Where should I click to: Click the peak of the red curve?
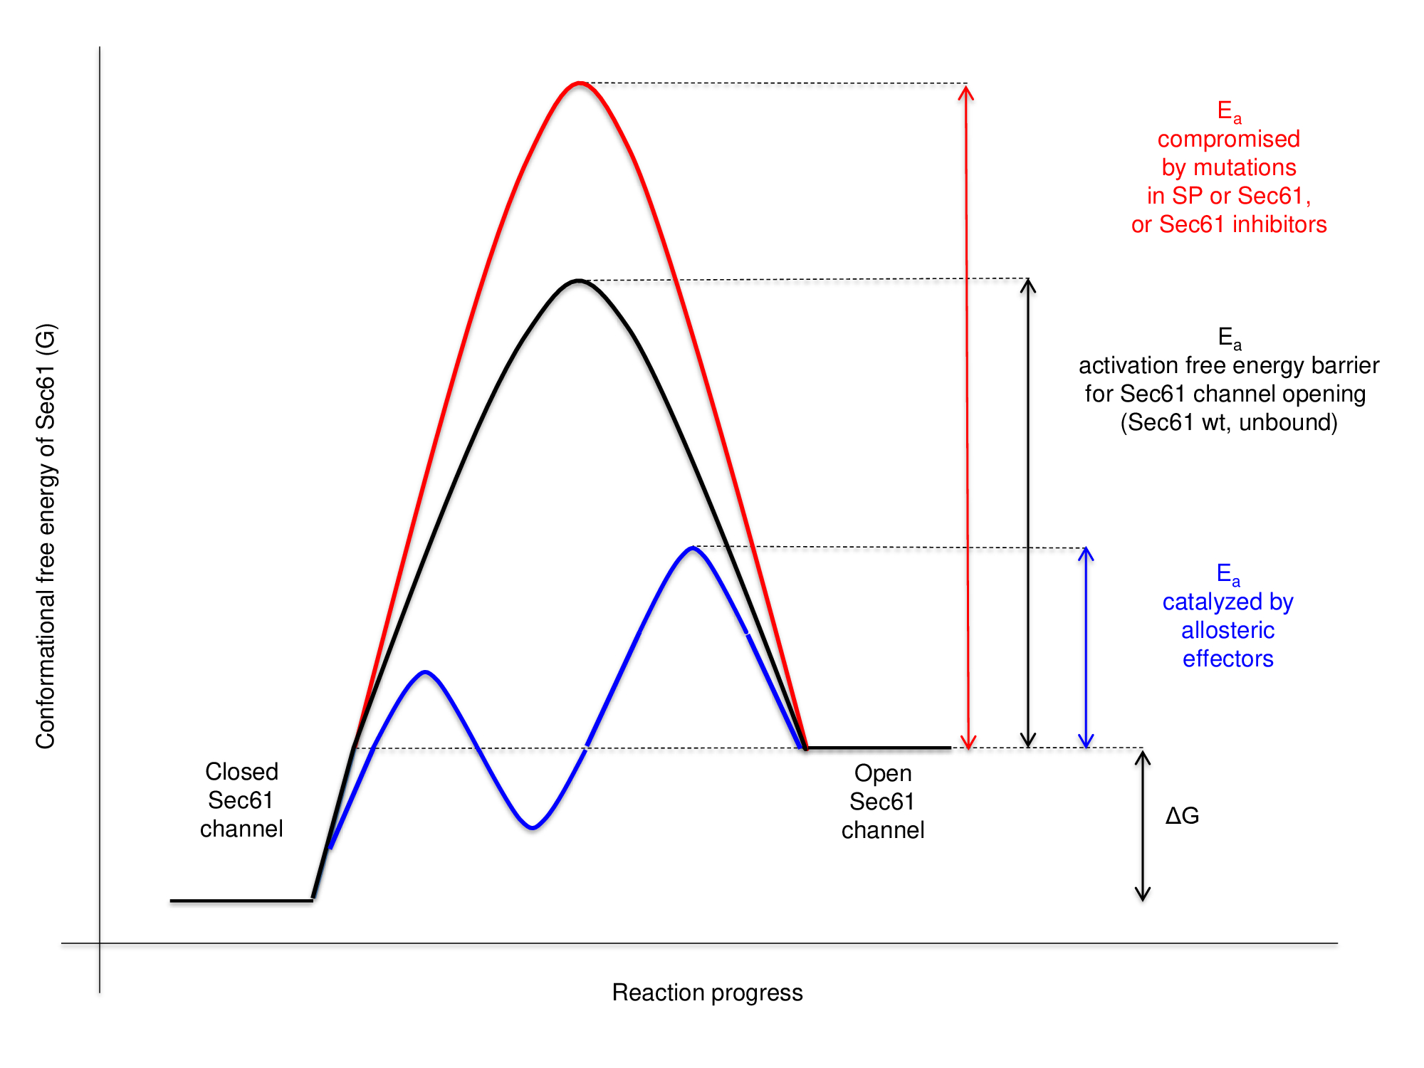(580, 84)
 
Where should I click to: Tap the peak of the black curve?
(579, 281)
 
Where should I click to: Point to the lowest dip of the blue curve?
(533, 827)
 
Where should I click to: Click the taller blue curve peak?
(693, 548)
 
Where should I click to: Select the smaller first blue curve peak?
(425, 672)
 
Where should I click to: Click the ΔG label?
(1182, 816)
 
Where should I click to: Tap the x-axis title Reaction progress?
(707, 993)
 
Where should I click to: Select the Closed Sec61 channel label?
(241, 800)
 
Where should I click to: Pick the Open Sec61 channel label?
(882, 802)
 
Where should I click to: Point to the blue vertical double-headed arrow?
(1086, 648)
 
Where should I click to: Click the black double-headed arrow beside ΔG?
(1143, 826)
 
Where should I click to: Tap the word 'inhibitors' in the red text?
(1279, 224)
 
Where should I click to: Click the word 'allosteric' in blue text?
(1227, 630)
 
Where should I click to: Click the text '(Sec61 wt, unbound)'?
(1229, 422)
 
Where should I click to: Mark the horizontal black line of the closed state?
(241, 901)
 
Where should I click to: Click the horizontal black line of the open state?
(879, 748)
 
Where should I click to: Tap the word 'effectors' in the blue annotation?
(1227, 659)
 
